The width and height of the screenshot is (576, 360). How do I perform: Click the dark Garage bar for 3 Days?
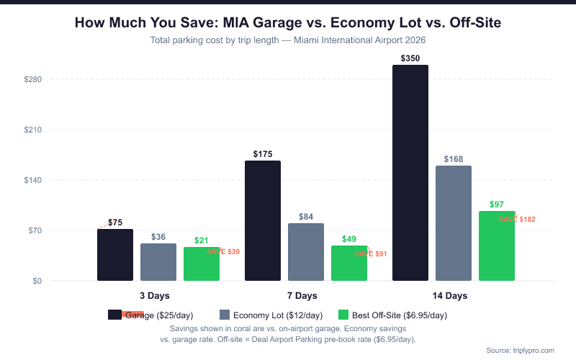115,255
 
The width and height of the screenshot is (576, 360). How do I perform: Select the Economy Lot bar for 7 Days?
306,252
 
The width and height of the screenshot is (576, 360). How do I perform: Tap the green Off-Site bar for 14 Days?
497,246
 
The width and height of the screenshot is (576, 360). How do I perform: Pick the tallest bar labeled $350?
410,173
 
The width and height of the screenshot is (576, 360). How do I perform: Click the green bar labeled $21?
202,264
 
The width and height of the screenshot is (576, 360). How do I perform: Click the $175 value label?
263,154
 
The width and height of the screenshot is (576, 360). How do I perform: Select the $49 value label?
349,239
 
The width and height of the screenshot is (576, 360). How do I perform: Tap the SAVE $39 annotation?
223,252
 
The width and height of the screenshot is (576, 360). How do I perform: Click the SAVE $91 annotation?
371,254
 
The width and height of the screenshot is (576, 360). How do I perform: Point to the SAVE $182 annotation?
517,220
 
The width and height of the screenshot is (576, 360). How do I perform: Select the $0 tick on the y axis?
36,282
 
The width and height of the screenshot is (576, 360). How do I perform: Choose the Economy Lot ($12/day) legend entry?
271,315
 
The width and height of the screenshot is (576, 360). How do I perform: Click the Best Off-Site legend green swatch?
343,315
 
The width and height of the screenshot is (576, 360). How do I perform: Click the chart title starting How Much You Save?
288,24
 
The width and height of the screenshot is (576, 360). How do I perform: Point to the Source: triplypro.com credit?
520,350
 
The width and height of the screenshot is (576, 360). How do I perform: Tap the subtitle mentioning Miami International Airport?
288,41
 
